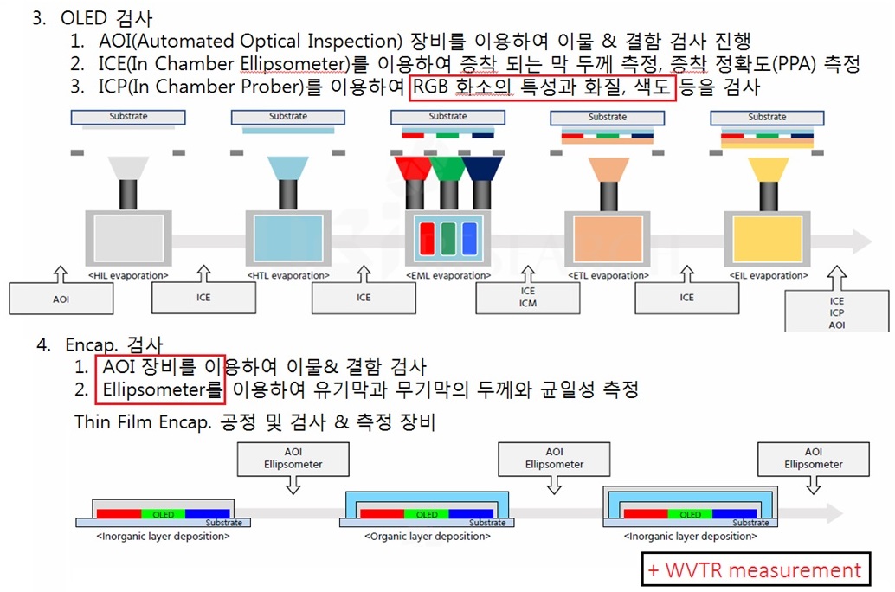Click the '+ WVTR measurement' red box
pos(757,570)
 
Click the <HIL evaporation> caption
pos(129,276)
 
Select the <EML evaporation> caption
pos(448,276)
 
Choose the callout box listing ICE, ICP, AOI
pos(837,312)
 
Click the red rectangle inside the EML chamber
pos(427,238)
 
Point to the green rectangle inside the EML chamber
pos(448,238)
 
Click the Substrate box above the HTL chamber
pos(288,117)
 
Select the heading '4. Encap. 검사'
pos(100,344)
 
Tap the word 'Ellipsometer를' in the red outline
pos(163,389)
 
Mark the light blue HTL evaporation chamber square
pos(288,238)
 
